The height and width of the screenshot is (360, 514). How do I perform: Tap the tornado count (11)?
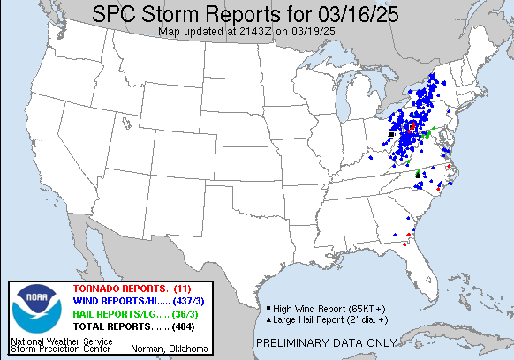pos(181,289)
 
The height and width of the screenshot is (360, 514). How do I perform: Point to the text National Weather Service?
pos(61,340)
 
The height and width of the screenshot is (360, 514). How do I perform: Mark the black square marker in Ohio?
pos(391,134)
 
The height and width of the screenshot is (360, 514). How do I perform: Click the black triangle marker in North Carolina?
pos(418,175)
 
